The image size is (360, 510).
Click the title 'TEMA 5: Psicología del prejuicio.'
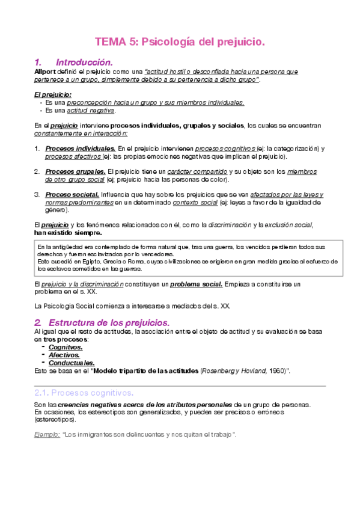[180, 42]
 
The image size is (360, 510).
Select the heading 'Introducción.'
[84, 62]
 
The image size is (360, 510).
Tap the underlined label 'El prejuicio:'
[52, 94]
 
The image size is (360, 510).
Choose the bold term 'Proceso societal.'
[72, 194]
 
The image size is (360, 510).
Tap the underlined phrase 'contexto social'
[195, 202]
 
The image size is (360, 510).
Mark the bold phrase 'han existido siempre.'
[68, 233]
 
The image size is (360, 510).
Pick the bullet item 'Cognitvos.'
[66, 347]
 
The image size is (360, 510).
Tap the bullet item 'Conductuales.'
[72, 363]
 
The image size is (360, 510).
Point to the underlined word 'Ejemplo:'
[46, 434]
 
